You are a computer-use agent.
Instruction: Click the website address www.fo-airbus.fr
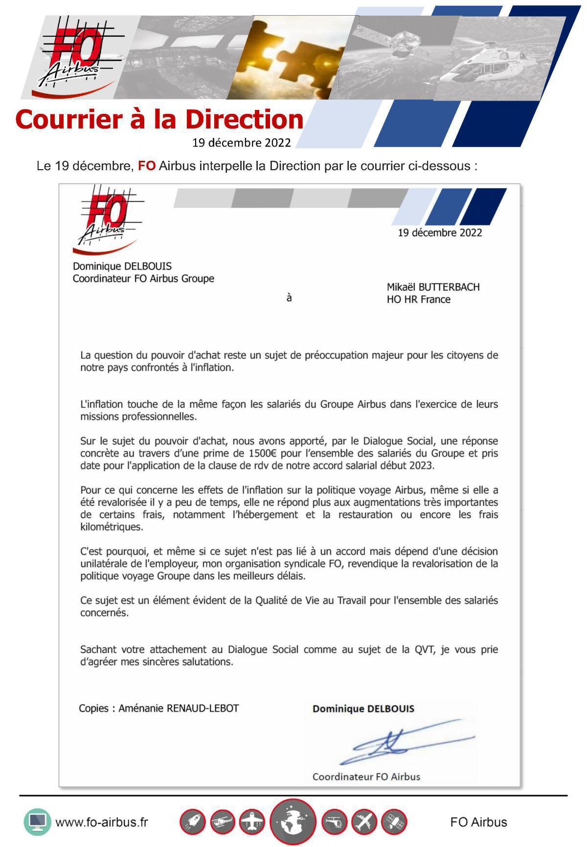click(101, 822)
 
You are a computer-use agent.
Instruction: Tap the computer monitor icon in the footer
click(37, 822)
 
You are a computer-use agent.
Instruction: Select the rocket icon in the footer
click(193, 822)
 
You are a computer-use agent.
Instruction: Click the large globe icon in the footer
click(293, 823)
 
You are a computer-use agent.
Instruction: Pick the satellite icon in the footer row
click(394, 822)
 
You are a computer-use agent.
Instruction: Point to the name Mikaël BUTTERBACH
click(433, 287)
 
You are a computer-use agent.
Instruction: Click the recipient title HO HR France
click(418, 300)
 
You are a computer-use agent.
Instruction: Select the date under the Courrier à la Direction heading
click(241, 143)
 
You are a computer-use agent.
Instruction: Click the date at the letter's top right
click(440, 233)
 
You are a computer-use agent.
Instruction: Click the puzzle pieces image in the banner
click(293, 56)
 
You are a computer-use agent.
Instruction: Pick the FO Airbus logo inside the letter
click(107, 219)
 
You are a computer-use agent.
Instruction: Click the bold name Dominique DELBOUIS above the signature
click(363, 709)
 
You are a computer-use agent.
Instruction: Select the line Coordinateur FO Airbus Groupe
click(143, 279)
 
